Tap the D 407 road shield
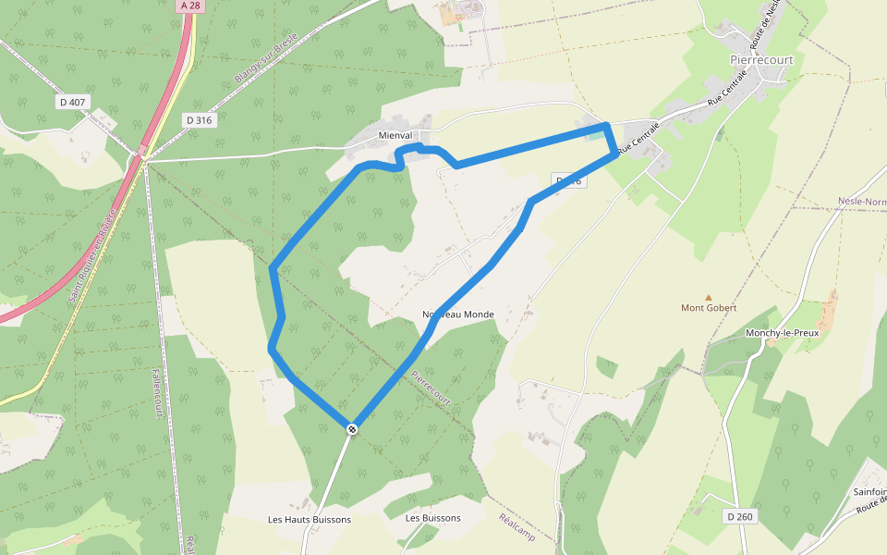[x=71, y=101]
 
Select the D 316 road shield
[x=199, y=120]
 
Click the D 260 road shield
[x=739, y=516]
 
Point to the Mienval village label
[x=395, y=135]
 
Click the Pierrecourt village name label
[x=761, y=60]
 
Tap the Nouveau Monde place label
[x=458, y=314]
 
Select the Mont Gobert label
[x=708, y=308]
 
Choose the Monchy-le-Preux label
[x=782, y=333]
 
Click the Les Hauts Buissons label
[x=310, y=520]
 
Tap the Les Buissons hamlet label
[x=432, y=518]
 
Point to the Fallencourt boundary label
[x=156, y=392]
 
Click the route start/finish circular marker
[x=352, y=429]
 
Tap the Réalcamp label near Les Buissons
[x=516, y=527]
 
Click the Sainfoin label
[x=869, y=492]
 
